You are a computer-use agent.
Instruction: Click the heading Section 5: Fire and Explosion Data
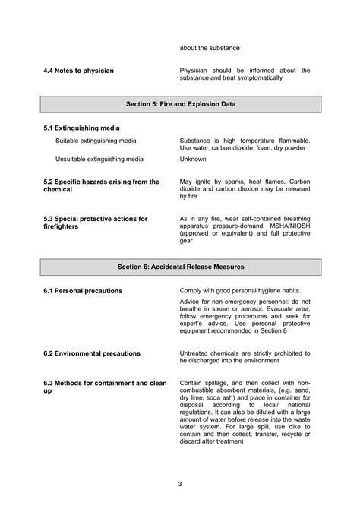180,104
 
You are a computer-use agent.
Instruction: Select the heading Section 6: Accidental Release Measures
180,267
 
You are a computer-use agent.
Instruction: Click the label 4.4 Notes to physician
79,71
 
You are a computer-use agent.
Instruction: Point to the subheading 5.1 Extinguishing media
81,128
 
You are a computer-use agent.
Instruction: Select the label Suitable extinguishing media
96,141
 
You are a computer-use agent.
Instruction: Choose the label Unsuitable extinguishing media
99,159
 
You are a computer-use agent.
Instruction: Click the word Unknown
194,159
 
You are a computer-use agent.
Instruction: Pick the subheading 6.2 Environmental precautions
92,353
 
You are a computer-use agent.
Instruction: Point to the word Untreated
196,353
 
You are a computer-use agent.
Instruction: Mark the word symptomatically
258,77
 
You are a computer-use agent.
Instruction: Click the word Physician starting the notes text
196,70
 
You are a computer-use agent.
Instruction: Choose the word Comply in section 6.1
192,291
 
